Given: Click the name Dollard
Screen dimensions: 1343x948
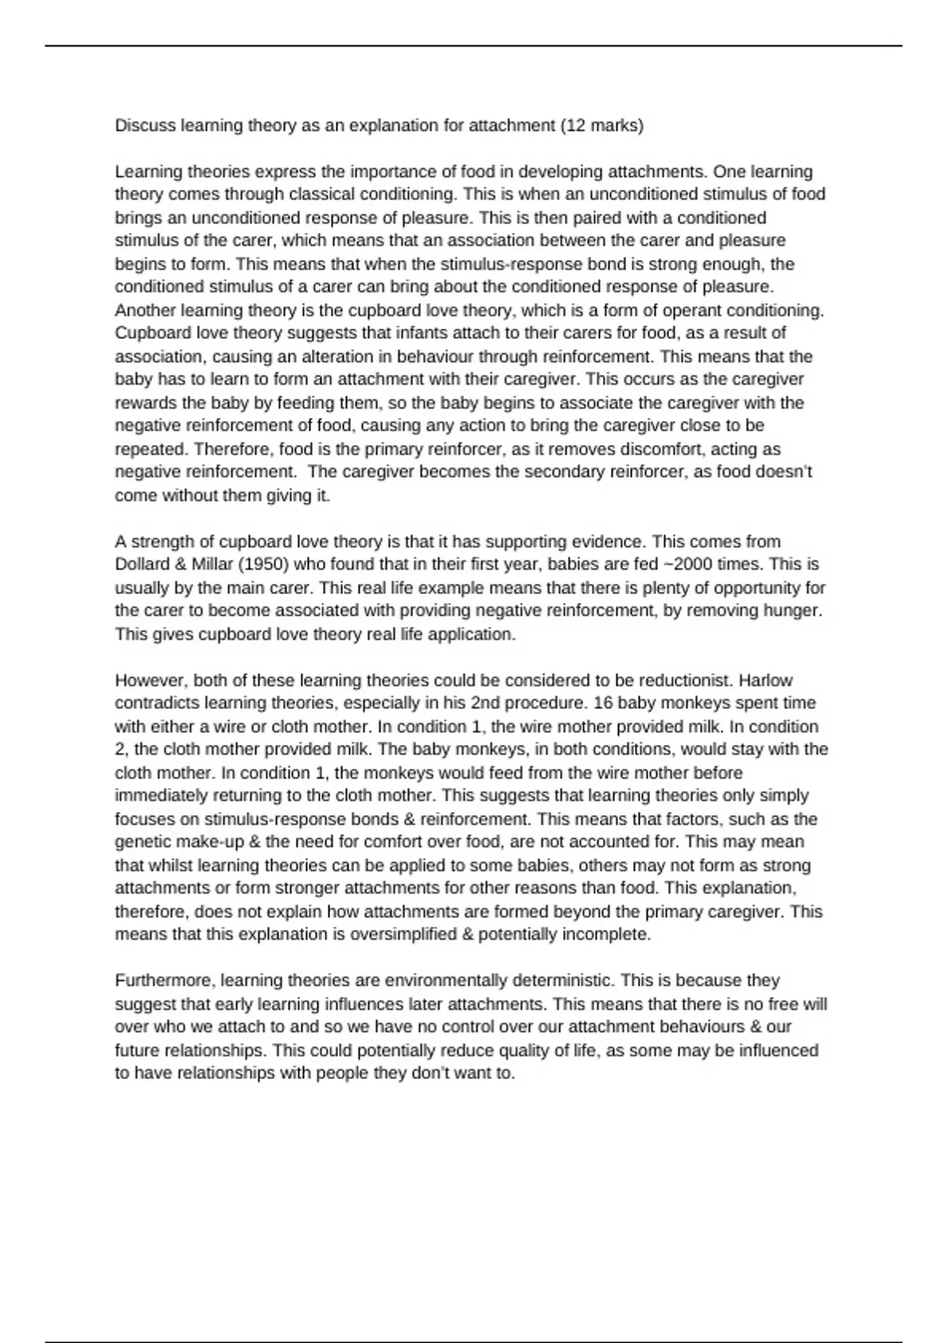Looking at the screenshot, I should pos(144,565).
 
